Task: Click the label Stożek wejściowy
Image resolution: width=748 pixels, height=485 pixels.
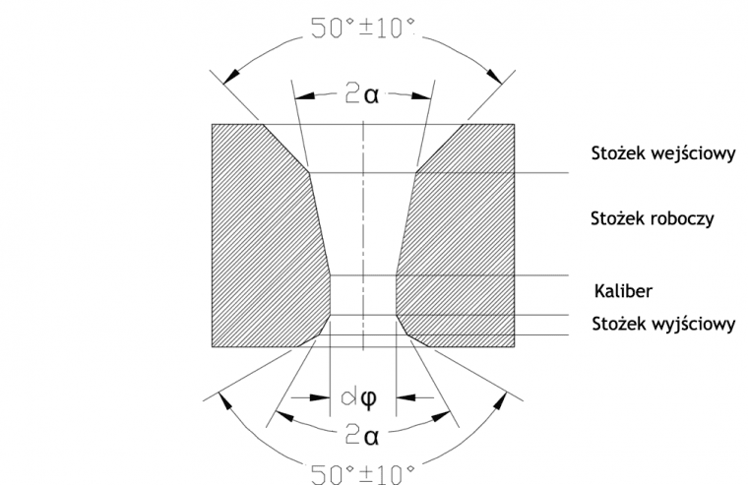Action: coord(663,154)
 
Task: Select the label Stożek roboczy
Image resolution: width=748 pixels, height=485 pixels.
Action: coord(653,218)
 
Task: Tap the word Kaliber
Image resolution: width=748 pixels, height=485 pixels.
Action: coord(623,290)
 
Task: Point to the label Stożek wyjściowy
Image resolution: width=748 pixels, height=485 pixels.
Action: coord(663,324)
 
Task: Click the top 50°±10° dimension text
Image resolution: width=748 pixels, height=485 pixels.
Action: coord(362,29)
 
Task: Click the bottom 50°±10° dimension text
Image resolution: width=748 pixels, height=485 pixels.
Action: coord(362,473)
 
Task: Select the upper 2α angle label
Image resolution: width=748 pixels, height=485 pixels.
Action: coord(362,94)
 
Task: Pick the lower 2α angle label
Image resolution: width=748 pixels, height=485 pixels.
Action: coord(362,436)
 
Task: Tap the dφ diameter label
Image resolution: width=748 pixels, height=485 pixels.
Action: coord(359,396)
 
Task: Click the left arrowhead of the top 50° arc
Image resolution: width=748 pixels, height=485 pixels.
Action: coord(231,76)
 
